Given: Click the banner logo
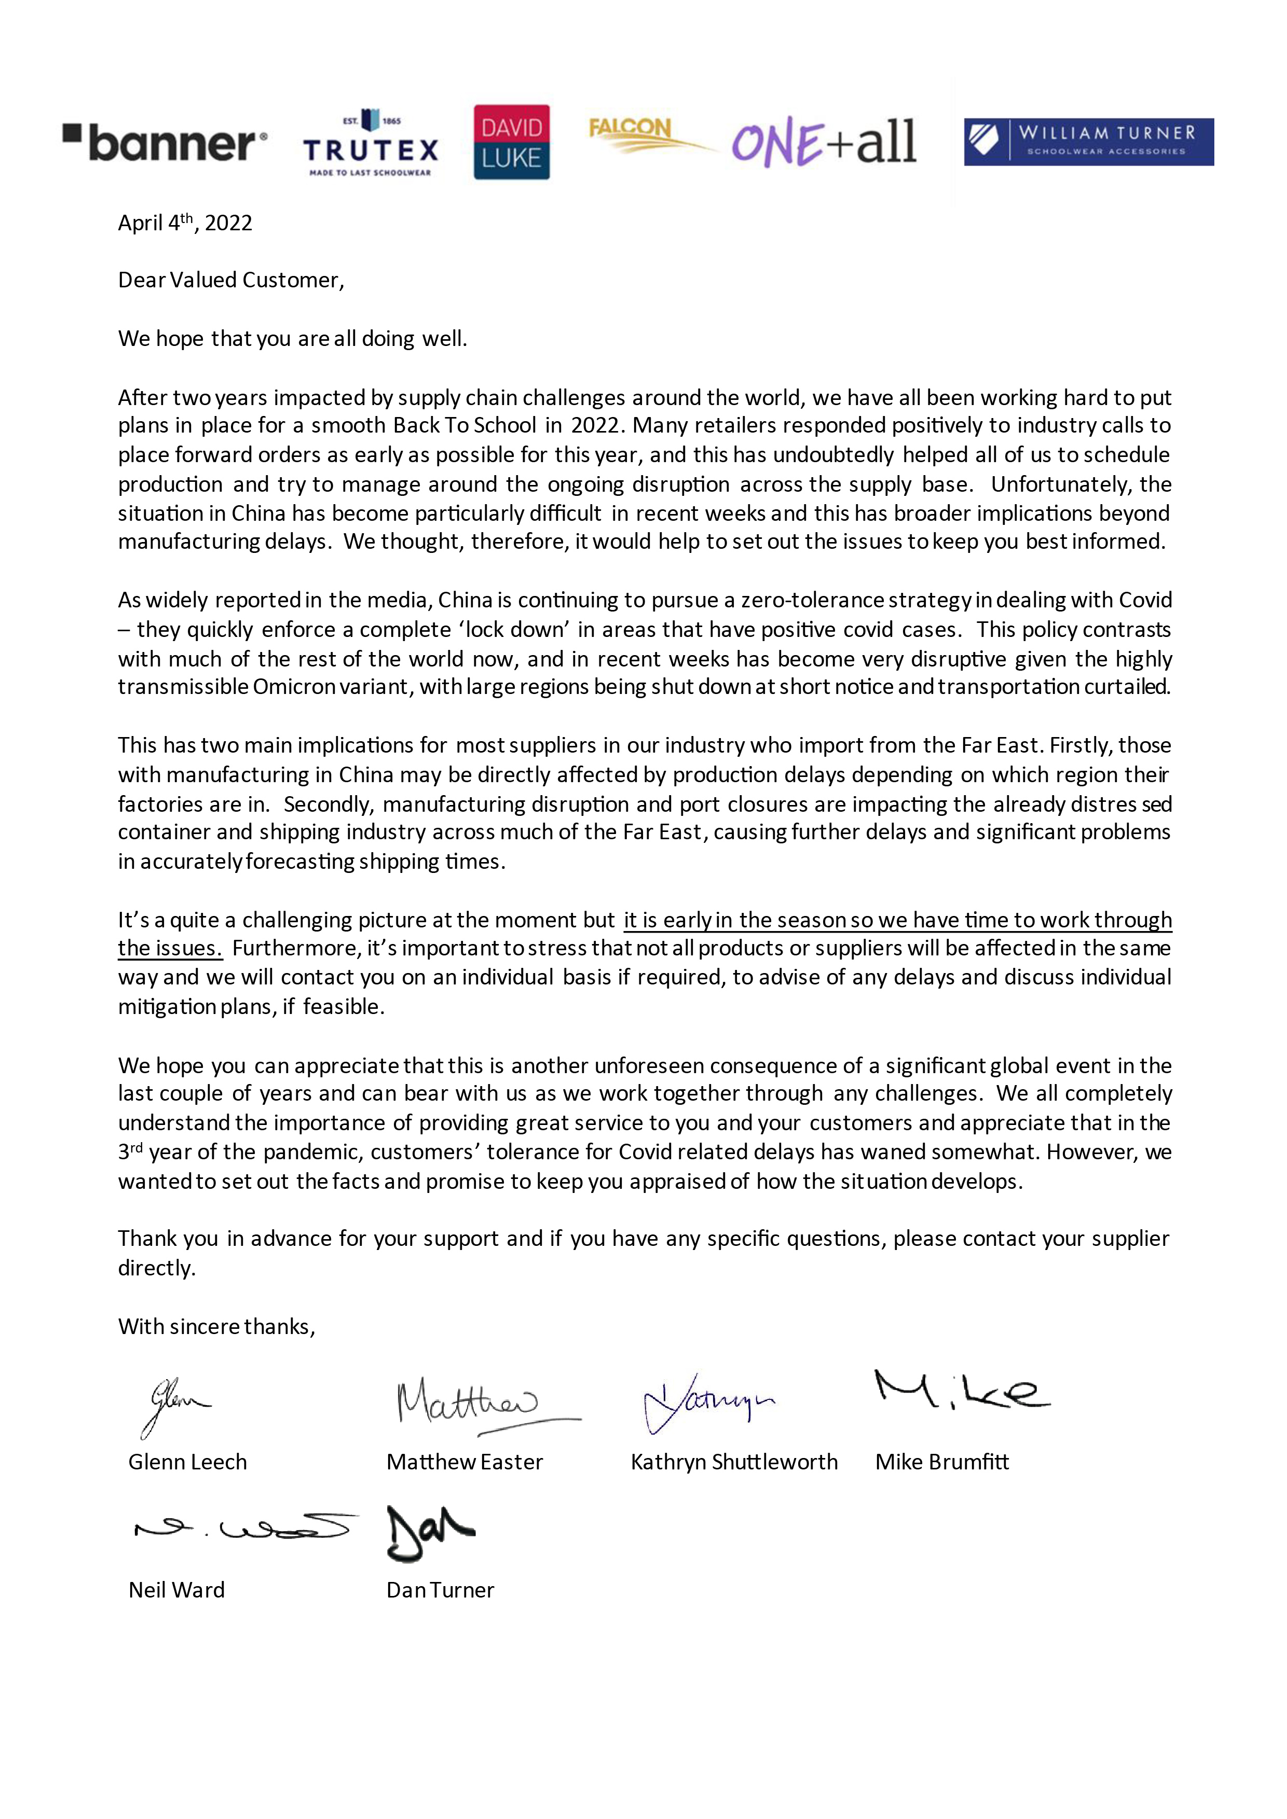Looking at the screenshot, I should pyautogui.click(x=165, y=143).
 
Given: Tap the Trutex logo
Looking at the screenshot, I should pyautogui.click(x=370, y=143).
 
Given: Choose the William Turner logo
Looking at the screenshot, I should pyautogui.click(x=1088, y=142).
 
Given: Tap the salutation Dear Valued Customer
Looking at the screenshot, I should pyautogui.click(x=230, y=281).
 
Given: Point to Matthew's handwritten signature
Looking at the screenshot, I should pyautogui.click(x=475, y=1405).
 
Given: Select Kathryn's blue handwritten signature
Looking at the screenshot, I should pyautogui.click(x=707, y=1403).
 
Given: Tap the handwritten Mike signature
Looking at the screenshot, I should pyautogui.click(x=961, y=1391).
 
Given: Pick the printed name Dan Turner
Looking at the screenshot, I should pyautogui.click(x=440, y=1590).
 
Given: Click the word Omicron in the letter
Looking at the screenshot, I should pyautogui.click(x=294, y=687).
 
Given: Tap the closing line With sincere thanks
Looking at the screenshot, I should pyautogui.click(x=216, y=1327).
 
